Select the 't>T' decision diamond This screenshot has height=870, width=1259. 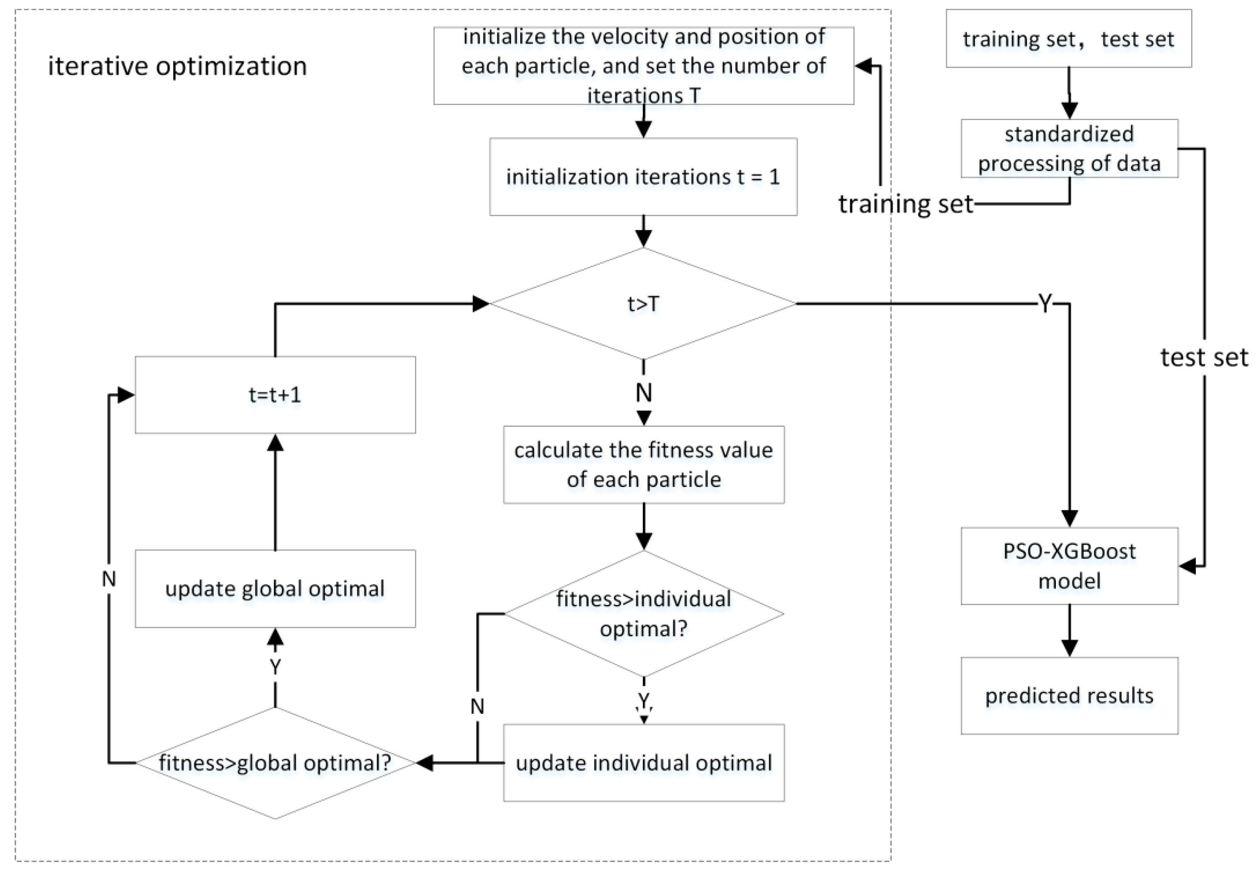[x=643, y=304]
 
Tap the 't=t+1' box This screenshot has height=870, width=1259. [x=275, y=394]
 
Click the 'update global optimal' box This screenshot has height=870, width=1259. [x=275, y=589]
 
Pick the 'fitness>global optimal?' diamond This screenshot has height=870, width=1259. [x=275, y=763]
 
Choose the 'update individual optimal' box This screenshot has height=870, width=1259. [x=643, y=763]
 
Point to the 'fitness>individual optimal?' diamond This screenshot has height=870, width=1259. [x=643, y=614]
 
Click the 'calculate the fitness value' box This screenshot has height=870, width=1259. [x=643, y=464]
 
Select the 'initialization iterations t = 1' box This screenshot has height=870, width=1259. [x=643, y=176]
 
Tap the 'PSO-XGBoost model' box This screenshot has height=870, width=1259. [x=1069, y=566]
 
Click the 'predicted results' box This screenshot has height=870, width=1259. [x=1069, y=696]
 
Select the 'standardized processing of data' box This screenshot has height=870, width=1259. [x=1069, y=148]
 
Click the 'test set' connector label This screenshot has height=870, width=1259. [x=1204, y=358]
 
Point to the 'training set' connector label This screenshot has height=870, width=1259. [x=905, y=204]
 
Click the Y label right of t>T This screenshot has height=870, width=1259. [x=1044, y=303]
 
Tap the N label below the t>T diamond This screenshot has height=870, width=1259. [x=643, y=392]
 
